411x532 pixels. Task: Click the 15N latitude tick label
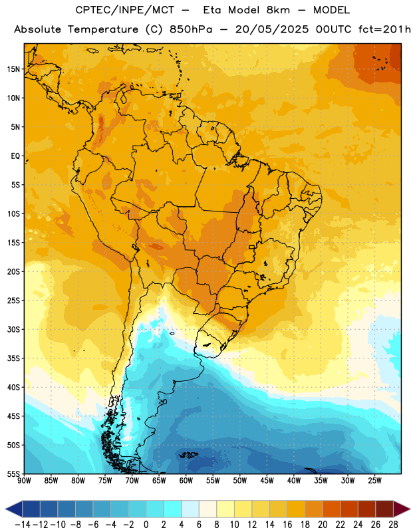pos(13,69)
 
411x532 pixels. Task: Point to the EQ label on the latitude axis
pos(15,156)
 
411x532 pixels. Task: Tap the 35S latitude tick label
pos(13,358)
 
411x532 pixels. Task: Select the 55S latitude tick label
pos(13,473)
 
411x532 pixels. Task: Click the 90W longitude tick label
pos(25,481)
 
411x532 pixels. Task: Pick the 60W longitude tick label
pos(186,481)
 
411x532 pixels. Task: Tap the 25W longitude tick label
pos(374,481)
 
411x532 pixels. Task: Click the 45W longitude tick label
pos(267,481)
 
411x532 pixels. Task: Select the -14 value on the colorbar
pos(23,525)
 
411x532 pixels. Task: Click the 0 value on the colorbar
pos(146,525)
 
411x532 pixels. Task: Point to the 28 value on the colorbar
pos(393,525)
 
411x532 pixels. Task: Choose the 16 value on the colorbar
pos(287,525)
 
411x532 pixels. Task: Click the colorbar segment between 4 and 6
pos(190,509)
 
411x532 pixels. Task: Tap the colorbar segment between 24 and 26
pos(367,509)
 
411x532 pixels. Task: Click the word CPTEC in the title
pos(89,10)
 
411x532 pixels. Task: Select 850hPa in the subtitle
pos(191,29)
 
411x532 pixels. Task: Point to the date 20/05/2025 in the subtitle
pos(272,29)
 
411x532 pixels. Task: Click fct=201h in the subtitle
pos(384,29)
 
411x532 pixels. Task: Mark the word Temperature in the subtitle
pos(103,30)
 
